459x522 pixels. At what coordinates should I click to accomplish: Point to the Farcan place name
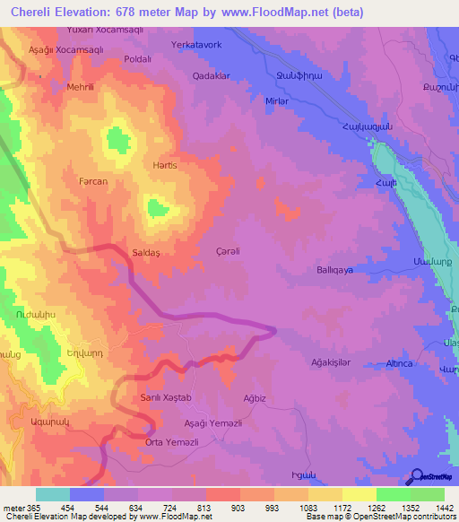tap(92, 181)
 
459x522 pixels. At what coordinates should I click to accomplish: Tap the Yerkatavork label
tap(195, 44)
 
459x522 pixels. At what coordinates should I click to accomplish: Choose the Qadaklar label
tap(212, 76)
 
